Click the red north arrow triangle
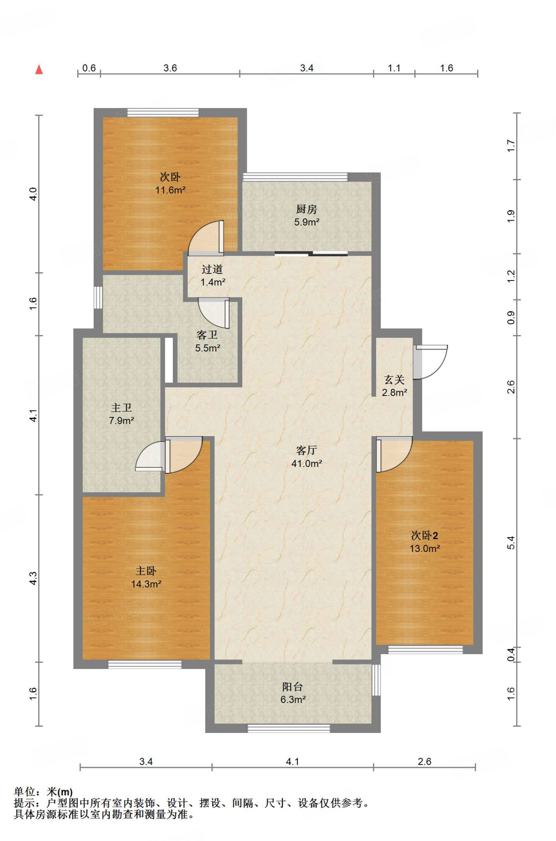pos(39,69)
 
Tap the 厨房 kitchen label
pos(306,209)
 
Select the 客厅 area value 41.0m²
pos(306,464)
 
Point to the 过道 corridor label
pos(212,269)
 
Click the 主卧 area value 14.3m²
pos(146,584)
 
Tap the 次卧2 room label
pos(425,535)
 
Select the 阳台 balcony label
pos(292,687)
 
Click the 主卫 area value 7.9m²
pos(122,420)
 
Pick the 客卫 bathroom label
pos(207,335)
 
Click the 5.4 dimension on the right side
pos(510,543)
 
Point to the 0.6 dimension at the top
pos(89,68)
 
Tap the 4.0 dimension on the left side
pos(33,194)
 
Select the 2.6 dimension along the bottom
pos(424,762)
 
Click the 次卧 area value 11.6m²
pos(170,190)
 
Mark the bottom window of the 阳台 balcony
pos(289,728)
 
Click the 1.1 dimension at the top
pos(394,68)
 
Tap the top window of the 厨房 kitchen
pos(295,177)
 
